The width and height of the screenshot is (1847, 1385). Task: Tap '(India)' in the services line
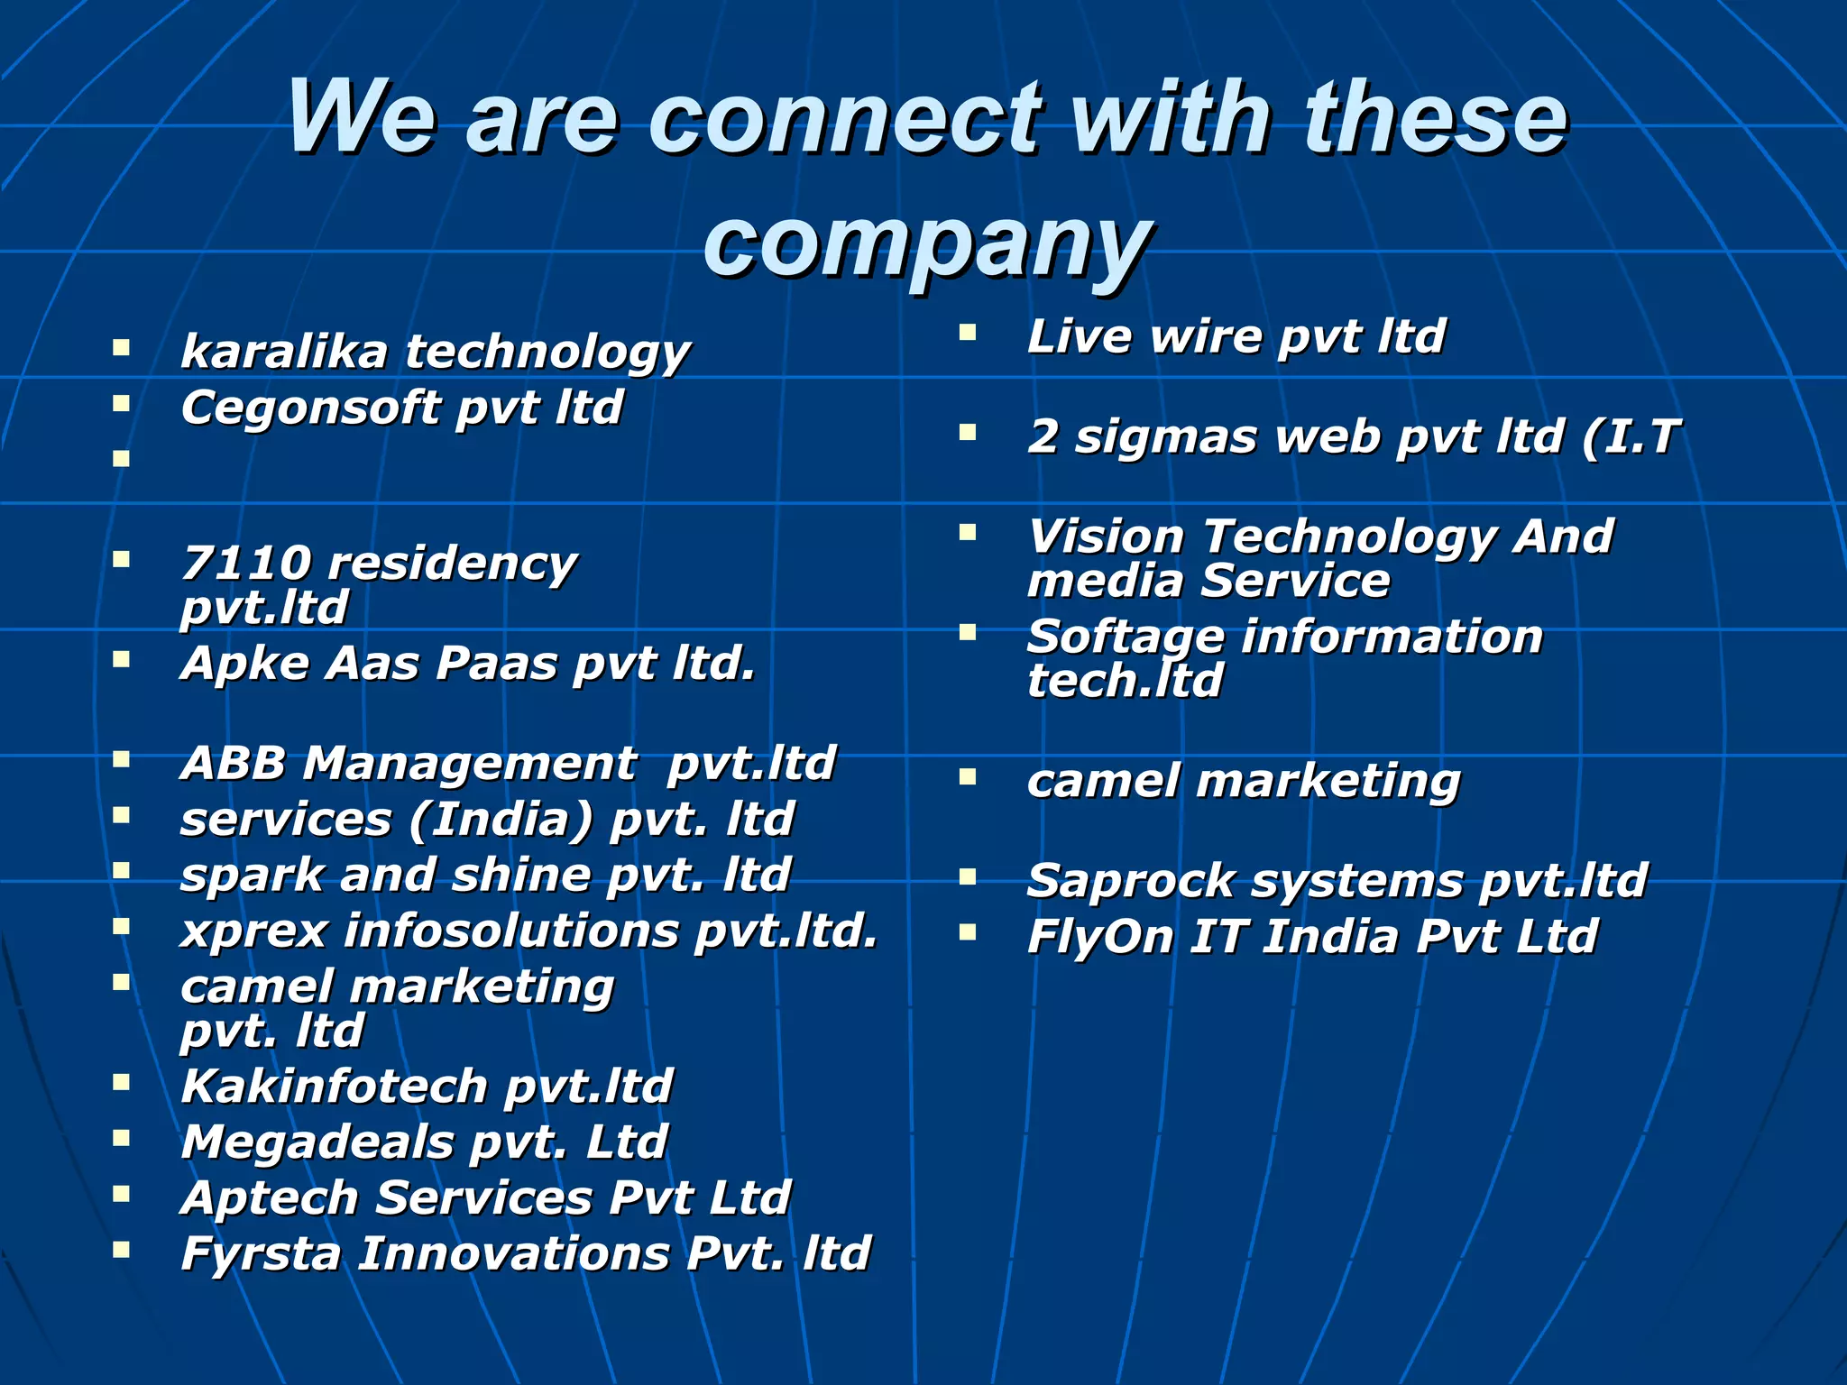501,819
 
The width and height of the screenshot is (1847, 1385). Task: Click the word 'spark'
252,876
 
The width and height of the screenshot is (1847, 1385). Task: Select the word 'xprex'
253,931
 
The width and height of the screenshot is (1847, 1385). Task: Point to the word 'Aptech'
270,1197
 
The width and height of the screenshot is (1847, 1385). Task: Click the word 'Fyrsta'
261,1253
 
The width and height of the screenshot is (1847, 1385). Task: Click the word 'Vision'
1106,537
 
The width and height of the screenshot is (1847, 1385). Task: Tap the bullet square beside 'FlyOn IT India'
968,931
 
